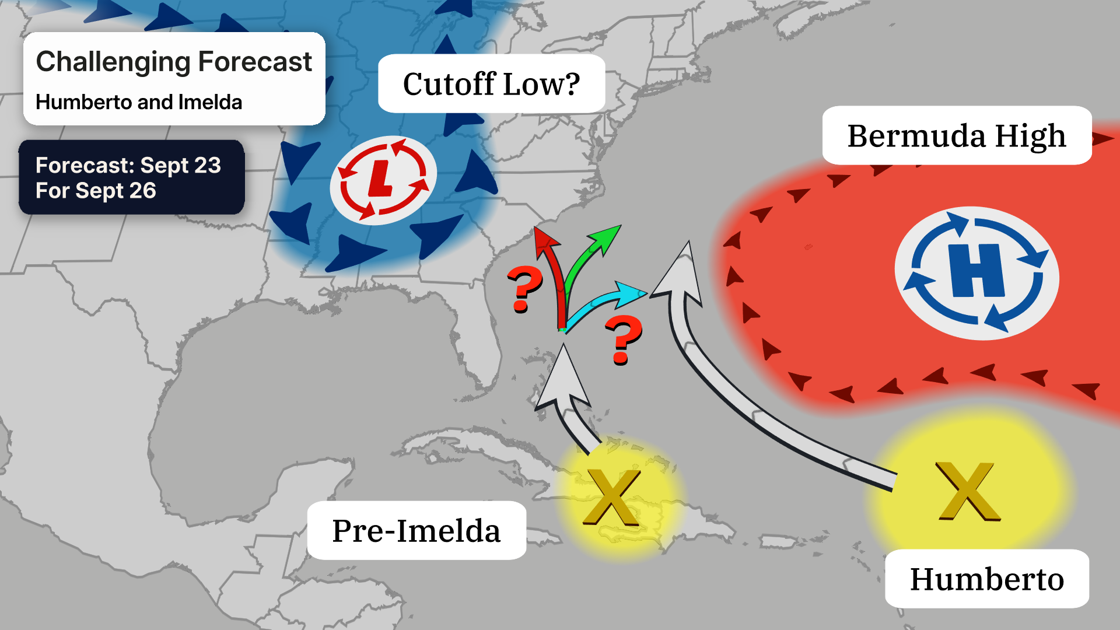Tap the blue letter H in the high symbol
click(977, 271)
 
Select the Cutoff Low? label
click(491, 84)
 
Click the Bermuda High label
click(956, 136)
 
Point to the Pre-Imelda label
click(416, 531)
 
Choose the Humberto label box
click(986, 579)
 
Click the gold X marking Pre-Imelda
click(612, 497)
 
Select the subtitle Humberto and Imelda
click(139, 102)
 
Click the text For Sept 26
click(96, 191)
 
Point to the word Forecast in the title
click(255, 62)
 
